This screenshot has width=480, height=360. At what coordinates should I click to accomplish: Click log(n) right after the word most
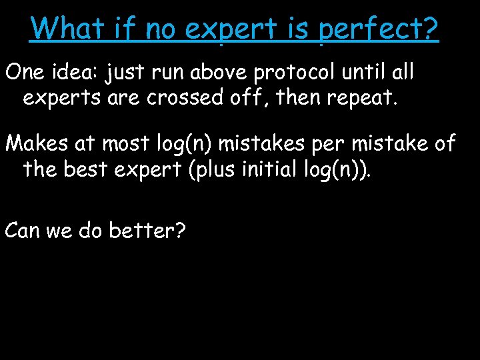[190, 143]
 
